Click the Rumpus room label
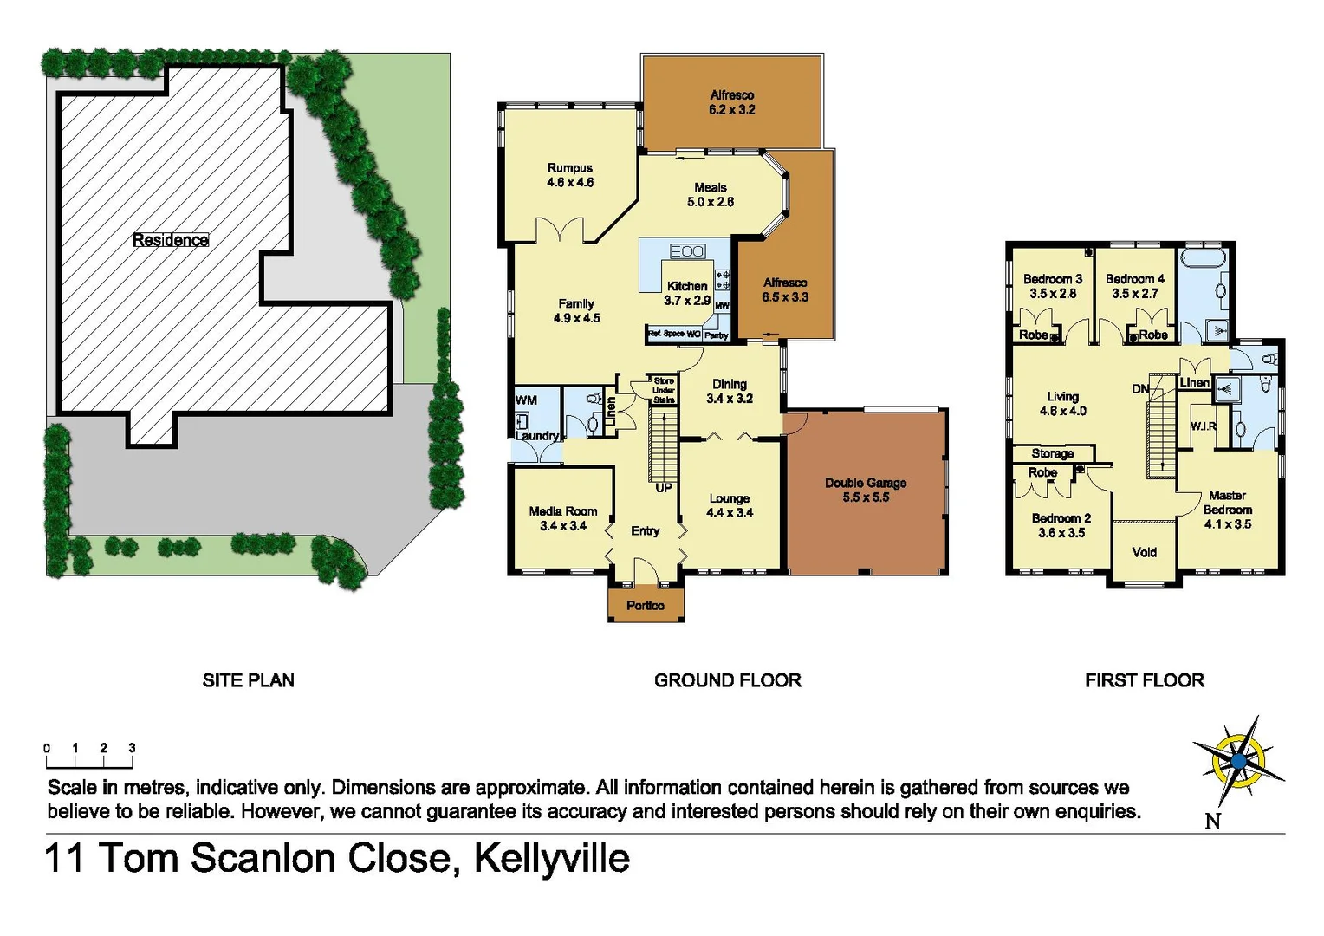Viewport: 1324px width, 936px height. [569, 168]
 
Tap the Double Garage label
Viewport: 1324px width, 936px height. [865, 483]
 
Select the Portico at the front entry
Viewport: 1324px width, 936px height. [646, 605]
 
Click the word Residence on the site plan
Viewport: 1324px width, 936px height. [170, 240]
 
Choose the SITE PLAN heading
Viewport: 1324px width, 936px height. [248, 680]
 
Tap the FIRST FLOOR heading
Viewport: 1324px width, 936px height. [1144, 680]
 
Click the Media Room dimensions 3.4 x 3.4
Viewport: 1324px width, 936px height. [563, 525]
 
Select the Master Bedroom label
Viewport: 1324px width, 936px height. [1227, 503]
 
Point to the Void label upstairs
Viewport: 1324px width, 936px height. [1144, 552]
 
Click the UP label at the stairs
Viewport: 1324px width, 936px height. [664, 488]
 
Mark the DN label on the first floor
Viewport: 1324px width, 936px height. [1140, 389]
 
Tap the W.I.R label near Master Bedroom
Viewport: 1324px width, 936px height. [1203, 426]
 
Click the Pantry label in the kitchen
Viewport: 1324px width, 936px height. [717, 335]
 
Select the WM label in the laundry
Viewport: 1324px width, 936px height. [526, 400]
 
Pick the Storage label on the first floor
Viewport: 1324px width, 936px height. [1052, 453]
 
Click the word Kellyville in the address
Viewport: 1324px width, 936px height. [551, 858]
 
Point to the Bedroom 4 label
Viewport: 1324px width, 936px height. [1134, 279]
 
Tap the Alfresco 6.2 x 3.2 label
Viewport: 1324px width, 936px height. [731, 102]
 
